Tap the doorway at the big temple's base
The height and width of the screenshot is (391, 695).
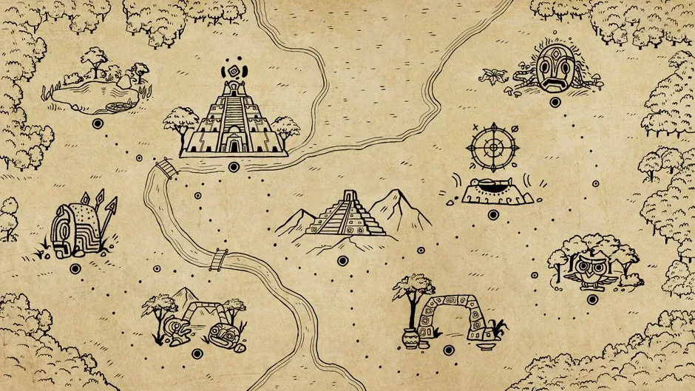[x=234, y=144]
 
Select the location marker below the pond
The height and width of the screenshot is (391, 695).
[x=97, y=123]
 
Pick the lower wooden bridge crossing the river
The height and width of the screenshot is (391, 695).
[x=219, y=258]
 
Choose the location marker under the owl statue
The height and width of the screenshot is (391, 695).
[x=590, y=298]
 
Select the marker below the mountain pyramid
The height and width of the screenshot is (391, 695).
[x=342, y=260]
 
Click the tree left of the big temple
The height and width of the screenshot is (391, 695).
[x=180, y=122]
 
